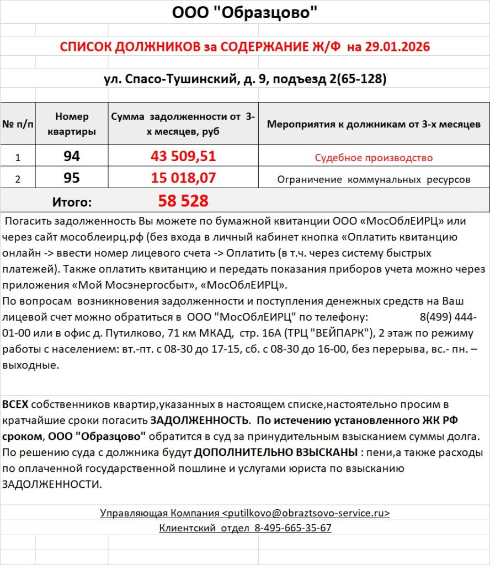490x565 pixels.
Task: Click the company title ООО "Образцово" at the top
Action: (245, 12)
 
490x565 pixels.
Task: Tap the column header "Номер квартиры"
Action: (72, 124)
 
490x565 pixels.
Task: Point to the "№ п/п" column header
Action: (17, 124)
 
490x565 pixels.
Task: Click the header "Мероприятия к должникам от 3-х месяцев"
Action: (374, 124)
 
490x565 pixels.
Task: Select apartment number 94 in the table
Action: (72, 157)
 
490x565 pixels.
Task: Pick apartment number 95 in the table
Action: (72, 178)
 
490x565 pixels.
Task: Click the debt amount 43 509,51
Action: (183, 157)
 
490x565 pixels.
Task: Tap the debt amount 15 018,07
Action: (183, 178)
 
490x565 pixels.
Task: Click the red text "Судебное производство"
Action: (374, 158)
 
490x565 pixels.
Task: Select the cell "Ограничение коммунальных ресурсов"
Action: (374, 179)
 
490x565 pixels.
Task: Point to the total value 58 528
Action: (183, 201)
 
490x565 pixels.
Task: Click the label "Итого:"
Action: (72, 202)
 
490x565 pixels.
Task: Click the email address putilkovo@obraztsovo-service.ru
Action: (306, 513)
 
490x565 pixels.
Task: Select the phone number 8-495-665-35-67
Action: (292, 528)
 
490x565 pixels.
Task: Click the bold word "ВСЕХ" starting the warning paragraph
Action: (15, 405)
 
